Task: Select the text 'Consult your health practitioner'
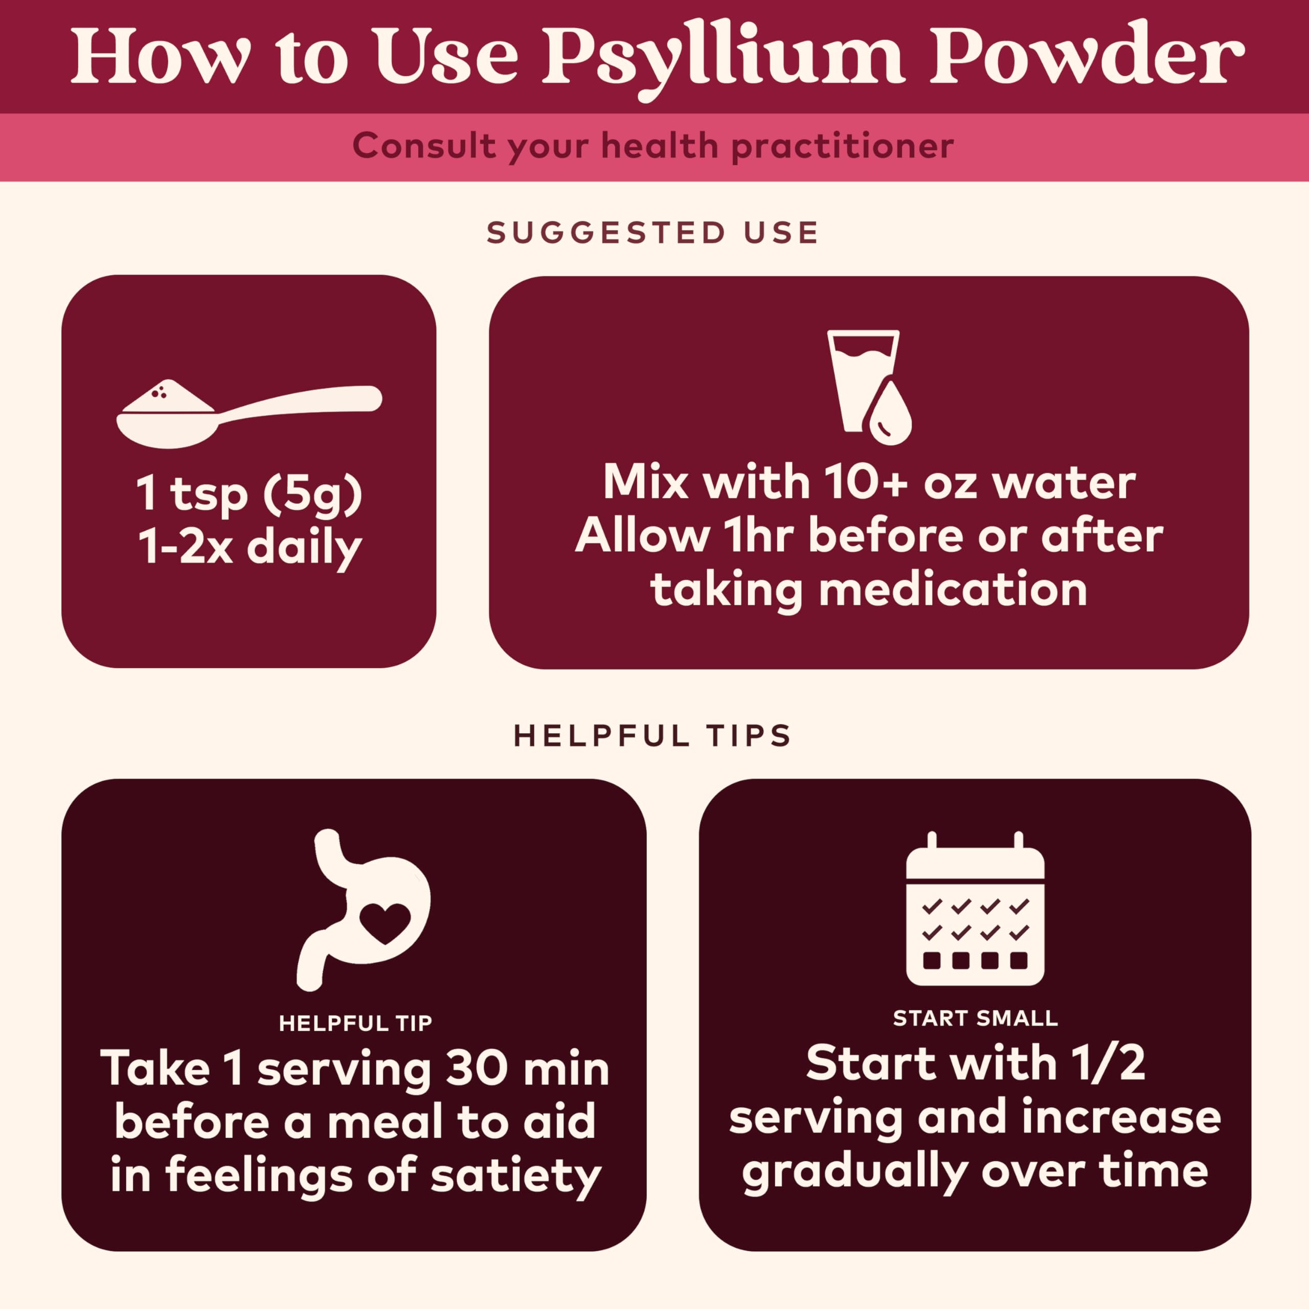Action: pos(653,146)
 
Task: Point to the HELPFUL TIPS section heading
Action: pos(653,736)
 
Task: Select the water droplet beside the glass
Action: pos(890,415)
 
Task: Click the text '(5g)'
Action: pos(313,494)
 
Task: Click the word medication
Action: pos(953,590)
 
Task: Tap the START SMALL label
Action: pos(975,1019)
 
